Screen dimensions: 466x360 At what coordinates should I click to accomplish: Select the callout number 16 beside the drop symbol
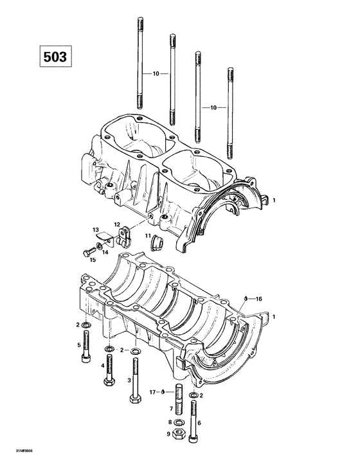tap(259, 298)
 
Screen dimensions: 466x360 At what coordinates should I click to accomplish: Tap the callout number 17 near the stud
tap(154, 391)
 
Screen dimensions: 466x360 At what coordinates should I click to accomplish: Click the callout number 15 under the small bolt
tap(93, 260)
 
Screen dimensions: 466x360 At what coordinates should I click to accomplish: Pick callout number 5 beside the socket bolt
tap(78, 345)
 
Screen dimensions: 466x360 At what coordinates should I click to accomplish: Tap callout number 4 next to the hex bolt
tap(102, 366)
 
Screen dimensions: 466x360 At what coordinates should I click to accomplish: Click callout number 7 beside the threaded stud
tap(170, 409)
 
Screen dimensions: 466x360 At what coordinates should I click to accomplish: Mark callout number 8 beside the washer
tap(170, 422)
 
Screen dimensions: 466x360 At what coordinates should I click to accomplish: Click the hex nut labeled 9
tap(181, 434)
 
